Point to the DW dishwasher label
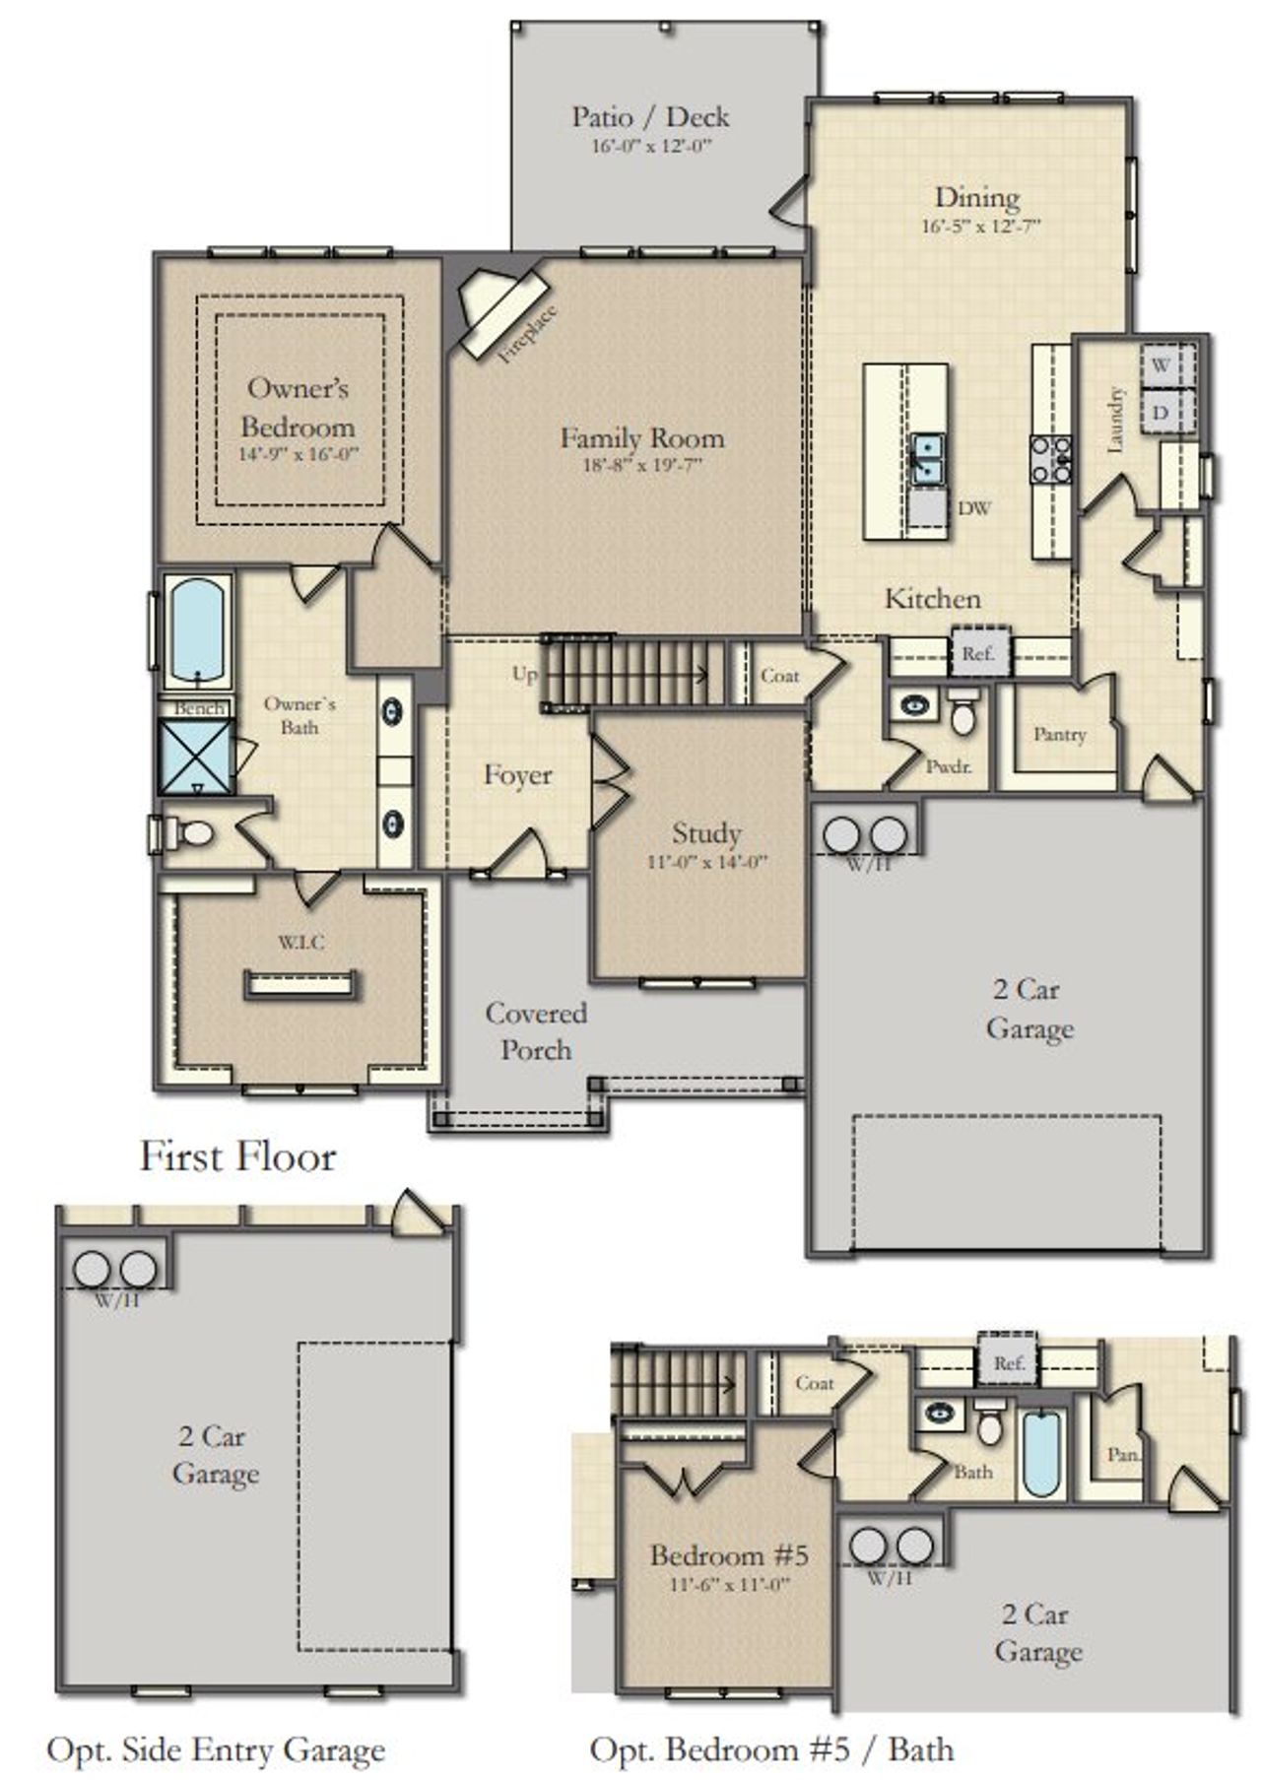[974, 508]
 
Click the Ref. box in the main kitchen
[978, 654]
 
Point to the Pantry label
[1060, 734]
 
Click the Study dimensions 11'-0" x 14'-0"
[706, 861]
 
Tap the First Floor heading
[237, 1155]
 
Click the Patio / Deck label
[650, 116]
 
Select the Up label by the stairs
[525, 674]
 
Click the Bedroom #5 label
[729, 1555]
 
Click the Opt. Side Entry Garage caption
[216, 1750]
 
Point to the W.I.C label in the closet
[300, 943]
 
